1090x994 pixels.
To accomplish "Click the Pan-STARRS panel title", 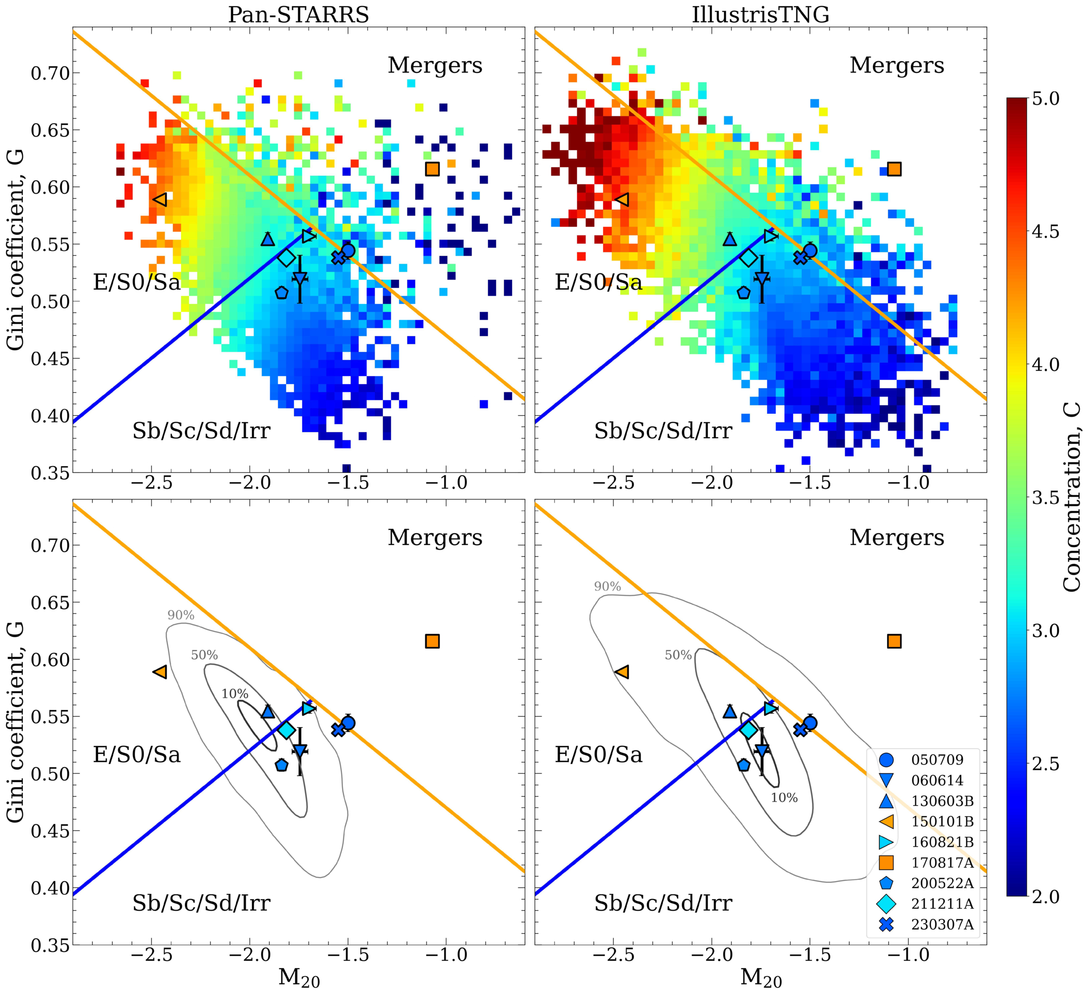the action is point(298,14).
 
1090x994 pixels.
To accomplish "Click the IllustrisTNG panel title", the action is point(760,14).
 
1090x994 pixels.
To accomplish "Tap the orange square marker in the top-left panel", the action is point(432,169).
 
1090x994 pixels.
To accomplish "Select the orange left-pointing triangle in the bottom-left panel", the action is point(160,672).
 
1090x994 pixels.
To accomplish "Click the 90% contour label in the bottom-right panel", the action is point(607,586).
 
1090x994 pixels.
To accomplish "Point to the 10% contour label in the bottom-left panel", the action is point(235,694).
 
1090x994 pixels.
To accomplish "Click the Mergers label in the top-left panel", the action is point(435,65).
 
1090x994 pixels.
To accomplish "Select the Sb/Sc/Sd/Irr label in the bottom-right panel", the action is point(663,903).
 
